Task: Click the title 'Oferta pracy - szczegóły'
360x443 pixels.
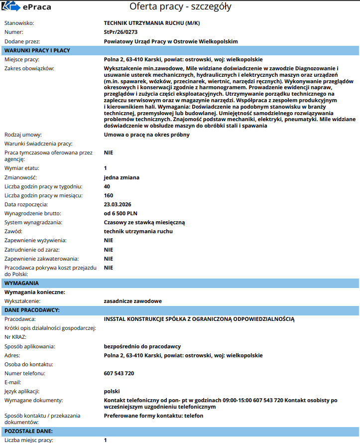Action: coord(180,7)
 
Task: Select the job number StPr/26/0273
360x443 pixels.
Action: coord(121,32)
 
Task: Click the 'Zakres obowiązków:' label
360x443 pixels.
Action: coord(29,68)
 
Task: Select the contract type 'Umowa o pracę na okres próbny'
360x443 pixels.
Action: coord(146,135)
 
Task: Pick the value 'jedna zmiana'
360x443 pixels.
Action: coord(121,177)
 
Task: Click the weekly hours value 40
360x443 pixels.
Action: coord(107,186)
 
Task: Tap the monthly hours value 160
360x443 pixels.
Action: coord(109,195)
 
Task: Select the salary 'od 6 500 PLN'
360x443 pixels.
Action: coord(120,213)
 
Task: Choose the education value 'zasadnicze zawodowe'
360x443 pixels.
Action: coord(132,301)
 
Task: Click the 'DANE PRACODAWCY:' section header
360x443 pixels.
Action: coord(32,310)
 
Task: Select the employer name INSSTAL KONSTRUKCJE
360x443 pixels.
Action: coord(199,319)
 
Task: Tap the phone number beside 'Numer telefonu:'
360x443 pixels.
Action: coord(119,373)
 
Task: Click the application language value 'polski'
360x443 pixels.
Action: coord(112,391)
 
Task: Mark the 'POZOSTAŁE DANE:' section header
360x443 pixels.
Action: coord(28,431)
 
